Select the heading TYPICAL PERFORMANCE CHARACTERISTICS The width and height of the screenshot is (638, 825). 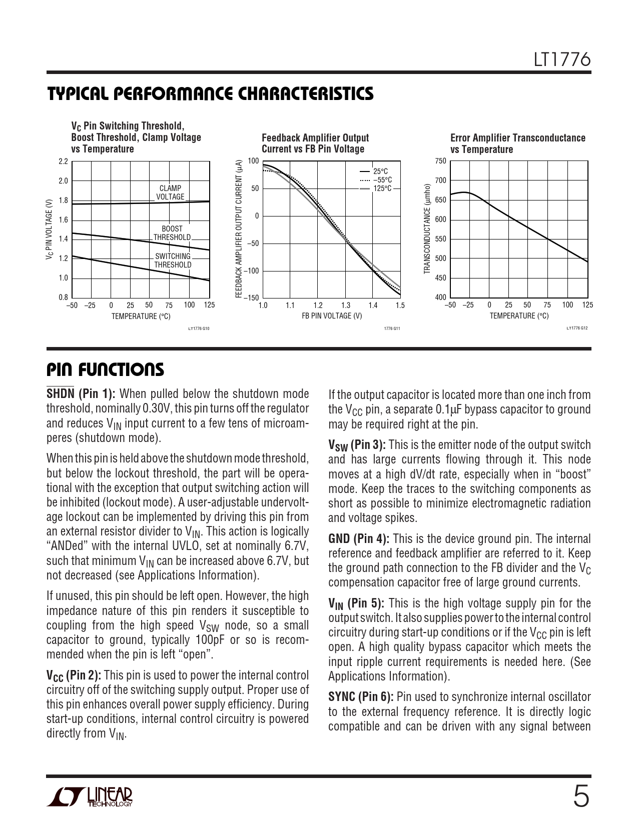tap(210, 94)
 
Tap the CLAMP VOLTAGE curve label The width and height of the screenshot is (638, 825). tap(170, 192)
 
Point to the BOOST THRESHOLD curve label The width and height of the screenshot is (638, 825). tap(172, 233)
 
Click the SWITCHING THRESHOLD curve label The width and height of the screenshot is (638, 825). tap(173, 260)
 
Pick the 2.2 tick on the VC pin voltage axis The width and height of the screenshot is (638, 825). tap(63, 161)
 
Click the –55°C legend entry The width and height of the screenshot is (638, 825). tap(382, 180)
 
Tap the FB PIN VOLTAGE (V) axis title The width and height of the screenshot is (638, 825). tap(331, 316)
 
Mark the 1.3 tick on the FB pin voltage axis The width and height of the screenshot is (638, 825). tap(345, 305)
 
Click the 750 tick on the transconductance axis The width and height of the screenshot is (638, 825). tap(440, 161)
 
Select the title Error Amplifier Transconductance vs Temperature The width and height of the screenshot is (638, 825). tap(517, 143)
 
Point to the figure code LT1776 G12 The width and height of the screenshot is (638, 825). tap(577, 328)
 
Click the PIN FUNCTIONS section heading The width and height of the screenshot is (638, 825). tap(105, 370)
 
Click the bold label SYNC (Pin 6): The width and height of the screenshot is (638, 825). tap(361, 697)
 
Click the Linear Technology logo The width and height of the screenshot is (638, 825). tap(91, 797)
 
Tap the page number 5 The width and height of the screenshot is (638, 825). tap(581, 797)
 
